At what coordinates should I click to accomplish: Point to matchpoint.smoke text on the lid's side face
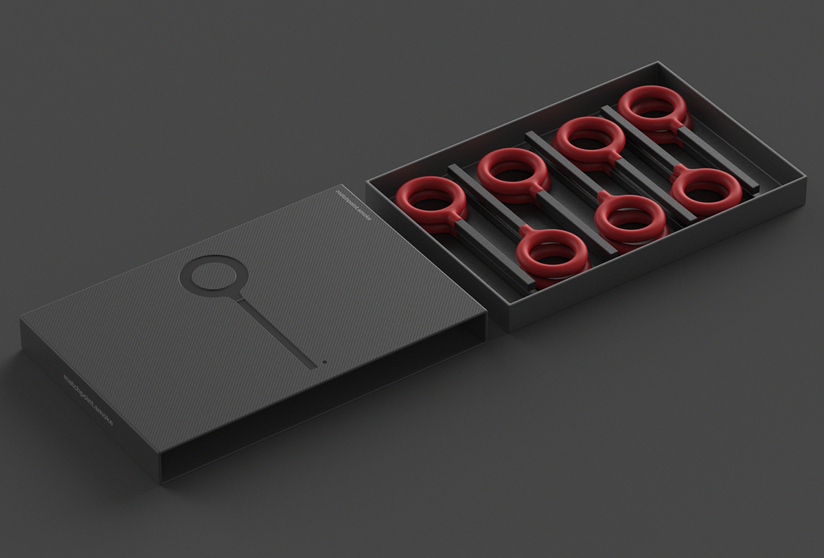click(87, 399)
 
